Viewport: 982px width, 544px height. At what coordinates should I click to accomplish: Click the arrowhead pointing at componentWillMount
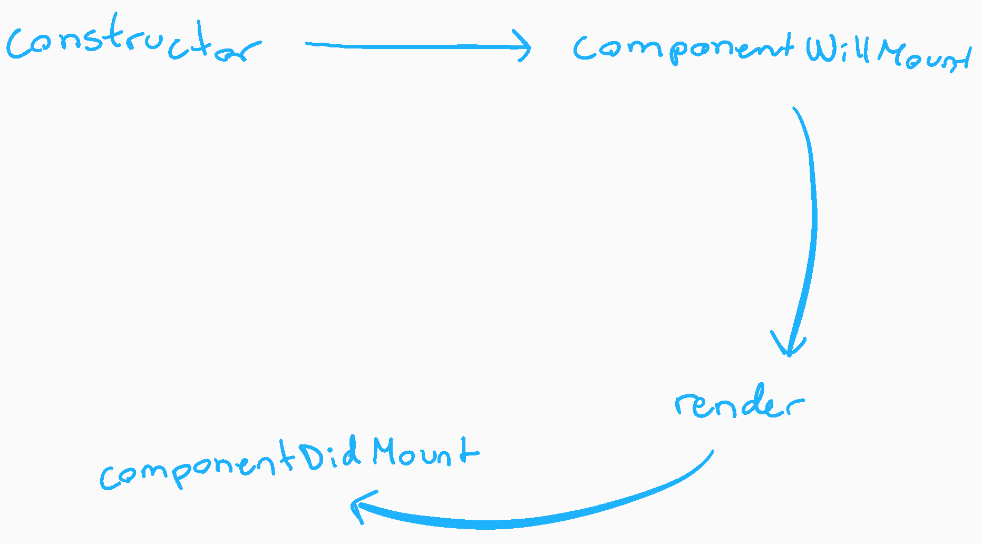[524, 46]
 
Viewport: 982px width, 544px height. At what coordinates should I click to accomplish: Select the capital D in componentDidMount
[315, 456]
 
